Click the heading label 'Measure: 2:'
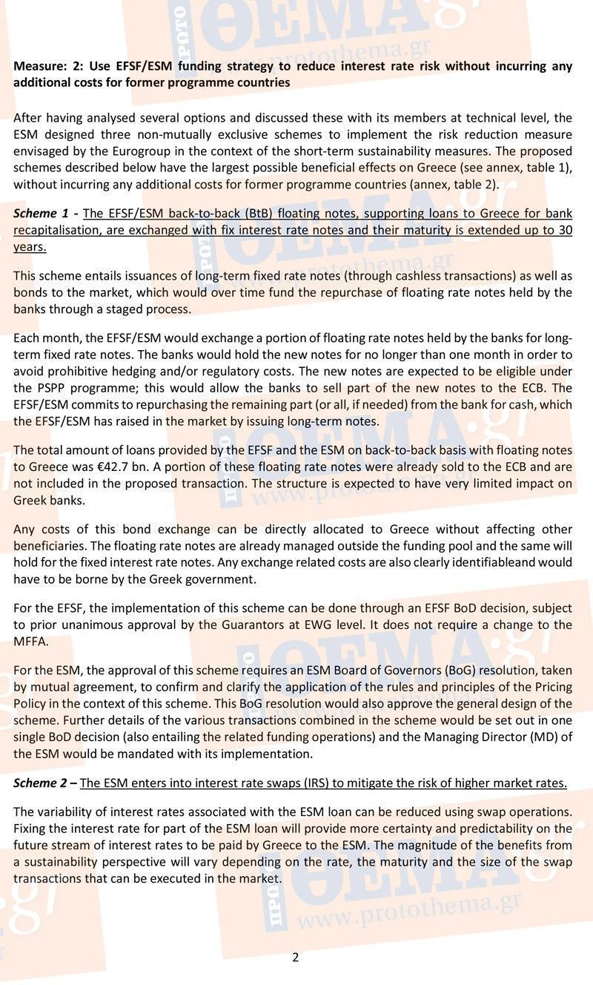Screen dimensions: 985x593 coord(41,66)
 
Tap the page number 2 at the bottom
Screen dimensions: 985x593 coord(296,957)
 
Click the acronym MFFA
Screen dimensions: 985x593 coord(29,641)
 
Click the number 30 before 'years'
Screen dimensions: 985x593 coord(565,230)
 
